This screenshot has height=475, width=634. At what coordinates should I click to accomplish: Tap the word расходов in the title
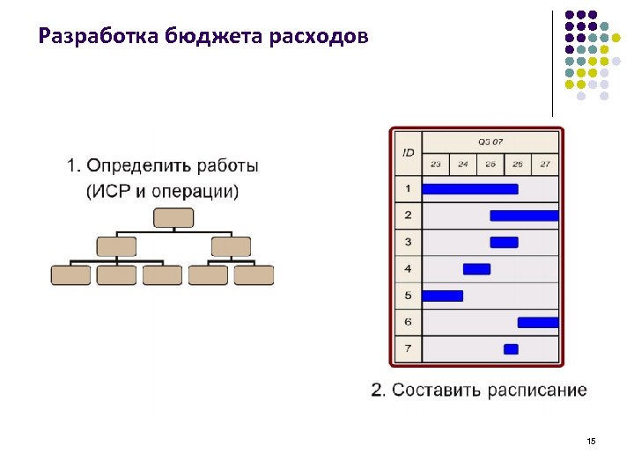point(321,37)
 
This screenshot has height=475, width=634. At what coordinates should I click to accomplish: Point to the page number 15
point(591,440)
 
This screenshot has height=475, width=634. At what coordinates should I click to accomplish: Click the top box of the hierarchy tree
point(173,218)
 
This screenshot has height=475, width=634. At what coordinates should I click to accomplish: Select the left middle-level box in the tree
point(116,246)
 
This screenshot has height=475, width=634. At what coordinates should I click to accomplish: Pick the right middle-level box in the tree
point(231,246)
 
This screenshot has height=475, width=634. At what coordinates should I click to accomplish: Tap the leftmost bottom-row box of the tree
point(70,275)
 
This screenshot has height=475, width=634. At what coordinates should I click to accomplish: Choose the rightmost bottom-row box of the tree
point(254,275)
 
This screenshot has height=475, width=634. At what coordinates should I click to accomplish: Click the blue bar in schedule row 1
point(470,188)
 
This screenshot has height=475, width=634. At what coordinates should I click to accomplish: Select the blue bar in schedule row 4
point(476,268)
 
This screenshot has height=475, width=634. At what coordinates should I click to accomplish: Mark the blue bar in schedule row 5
point(443,296)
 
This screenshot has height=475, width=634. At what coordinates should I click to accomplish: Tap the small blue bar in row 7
point(511,349)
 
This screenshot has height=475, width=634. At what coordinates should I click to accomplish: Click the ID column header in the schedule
point(408,153)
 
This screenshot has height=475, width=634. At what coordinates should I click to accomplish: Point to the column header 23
point(436,164)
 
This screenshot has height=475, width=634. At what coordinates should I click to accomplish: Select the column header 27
point(545,164)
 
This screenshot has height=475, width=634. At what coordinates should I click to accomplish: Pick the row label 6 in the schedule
point(408,322)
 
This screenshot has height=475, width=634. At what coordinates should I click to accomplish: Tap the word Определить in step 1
point(139,165)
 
